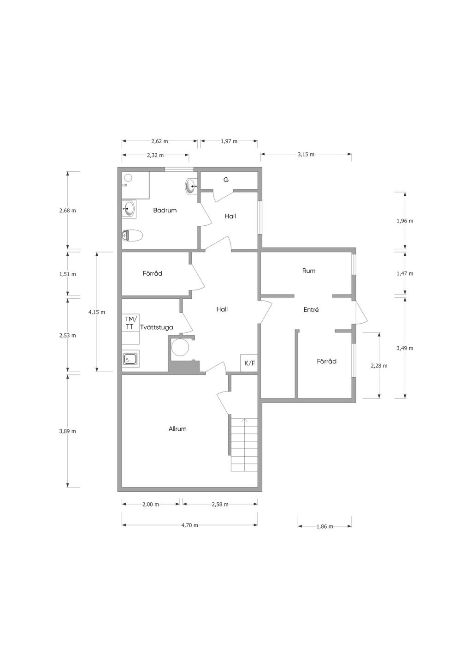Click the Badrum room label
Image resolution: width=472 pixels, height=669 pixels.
[165, 210]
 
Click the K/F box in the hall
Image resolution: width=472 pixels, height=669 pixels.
[249, 363]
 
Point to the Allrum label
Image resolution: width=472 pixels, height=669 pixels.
[177, 429]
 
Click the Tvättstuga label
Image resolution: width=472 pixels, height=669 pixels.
[157, 327]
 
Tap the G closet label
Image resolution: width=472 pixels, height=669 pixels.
[226, 180]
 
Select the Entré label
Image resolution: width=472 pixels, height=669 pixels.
[311, 310]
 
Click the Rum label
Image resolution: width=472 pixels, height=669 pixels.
[309, 271]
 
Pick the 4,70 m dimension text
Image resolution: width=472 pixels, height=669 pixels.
[189, 525]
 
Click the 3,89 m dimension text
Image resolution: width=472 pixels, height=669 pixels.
[68, 431]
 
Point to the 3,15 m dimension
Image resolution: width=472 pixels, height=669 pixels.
[306, 154]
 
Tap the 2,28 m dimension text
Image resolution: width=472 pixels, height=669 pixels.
[379, 366]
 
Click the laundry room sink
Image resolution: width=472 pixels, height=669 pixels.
[130, 358]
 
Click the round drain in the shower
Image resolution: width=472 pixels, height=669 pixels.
[128, 178]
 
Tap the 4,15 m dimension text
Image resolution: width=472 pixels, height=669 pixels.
[97, 312]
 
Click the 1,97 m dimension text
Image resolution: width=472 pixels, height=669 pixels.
[229, 141]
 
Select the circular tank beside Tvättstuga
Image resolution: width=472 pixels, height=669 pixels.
[180, 347]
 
